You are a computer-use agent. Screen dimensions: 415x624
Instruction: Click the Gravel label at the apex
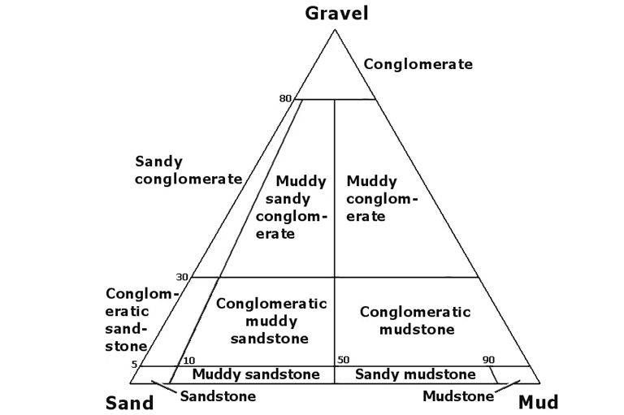coord(336,12)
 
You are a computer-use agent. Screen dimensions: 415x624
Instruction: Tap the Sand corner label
coord(130,403)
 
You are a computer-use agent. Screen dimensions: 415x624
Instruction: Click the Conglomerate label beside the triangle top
coord(418,64)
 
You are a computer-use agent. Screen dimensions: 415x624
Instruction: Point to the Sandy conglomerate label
coord(188,170)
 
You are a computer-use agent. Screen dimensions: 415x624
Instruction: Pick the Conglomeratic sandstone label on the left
coord(137,319)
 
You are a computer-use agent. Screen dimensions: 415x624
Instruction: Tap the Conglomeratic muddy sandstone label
coord(271,321)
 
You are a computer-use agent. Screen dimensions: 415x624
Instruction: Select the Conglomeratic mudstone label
coord(415,321)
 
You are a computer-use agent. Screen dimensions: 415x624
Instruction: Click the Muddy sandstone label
coord(256,375)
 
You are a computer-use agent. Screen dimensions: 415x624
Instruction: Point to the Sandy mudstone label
coord(415,375)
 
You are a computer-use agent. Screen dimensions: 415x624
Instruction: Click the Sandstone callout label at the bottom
coord(218,396)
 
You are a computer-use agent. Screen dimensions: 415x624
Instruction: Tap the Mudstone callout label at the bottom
coord(458,396)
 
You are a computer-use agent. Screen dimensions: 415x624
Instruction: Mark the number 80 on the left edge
coord(284,99)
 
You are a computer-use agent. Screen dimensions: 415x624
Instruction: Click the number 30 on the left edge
coord(182,277)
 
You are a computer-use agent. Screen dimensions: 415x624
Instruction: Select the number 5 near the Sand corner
coord(135,365)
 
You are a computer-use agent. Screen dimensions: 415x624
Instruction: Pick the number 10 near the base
coord(189,360)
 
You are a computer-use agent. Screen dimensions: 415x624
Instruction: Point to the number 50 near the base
coord(344,360)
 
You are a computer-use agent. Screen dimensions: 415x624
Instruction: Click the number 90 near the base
coord(487,360)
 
